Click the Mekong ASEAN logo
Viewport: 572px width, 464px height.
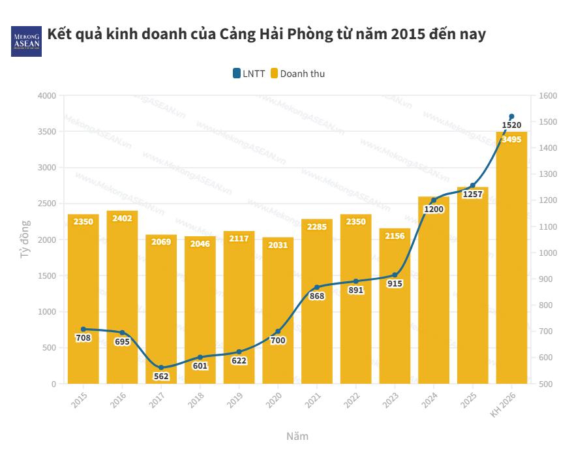[x=26, y=41]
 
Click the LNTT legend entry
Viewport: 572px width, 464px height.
[x=249, y=74]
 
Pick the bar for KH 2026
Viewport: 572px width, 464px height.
[x=511, y=261]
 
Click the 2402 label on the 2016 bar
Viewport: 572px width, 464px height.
[x=122, y=219]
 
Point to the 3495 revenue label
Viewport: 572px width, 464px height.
[x=511, y=139]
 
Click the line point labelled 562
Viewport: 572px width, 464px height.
[x=161, y=368]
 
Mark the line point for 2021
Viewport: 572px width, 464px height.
[x=317, y=287]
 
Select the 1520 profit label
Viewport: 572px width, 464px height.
[x=511, y=125]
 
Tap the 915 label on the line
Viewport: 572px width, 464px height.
[x=395, y=283]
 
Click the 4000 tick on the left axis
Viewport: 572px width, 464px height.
[x=46, y=96]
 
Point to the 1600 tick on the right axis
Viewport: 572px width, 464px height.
[x=549, y=96]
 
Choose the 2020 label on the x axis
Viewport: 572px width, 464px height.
[x=275, y=400]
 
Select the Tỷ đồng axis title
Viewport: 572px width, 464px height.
[x=25, y=240]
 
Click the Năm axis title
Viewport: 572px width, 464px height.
[x=297, y=436]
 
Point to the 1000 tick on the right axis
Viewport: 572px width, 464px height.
[x=549, y=253]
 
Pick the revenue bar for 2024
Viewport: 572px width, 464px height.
[x=434, y=290]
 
